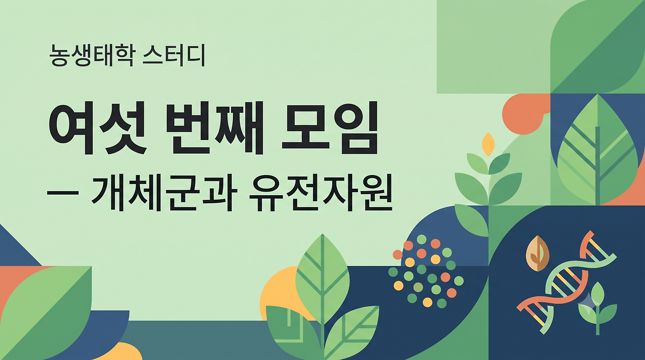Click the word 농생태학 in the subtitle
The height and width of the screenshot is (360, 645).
pos(91,55)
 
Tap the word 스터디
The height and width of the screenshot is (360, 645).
pos(174,55)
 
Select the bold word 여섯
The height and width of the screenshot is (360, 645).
pos(98,129)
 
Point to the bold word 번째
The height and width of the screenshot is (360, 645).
pos(215,129)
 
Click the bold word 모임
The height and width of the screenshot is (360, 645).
pos(330,129)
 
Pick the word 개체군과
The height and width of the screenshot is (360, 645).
pos(164,192)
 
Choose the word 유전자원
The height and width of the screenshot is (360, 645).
pos(320,192)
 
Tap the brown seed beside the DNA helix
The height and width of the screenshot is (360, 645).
pos(538,254)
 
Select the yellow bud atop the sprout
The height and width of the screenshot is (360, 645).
pos(488,144)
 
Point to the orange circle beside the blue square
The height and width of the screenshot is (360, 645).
pos(523,114)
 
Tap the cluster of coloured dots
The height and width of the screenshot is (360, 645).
pos(426,271)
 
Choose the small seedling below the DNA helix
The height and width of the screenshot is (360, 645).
pos(598,308)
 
